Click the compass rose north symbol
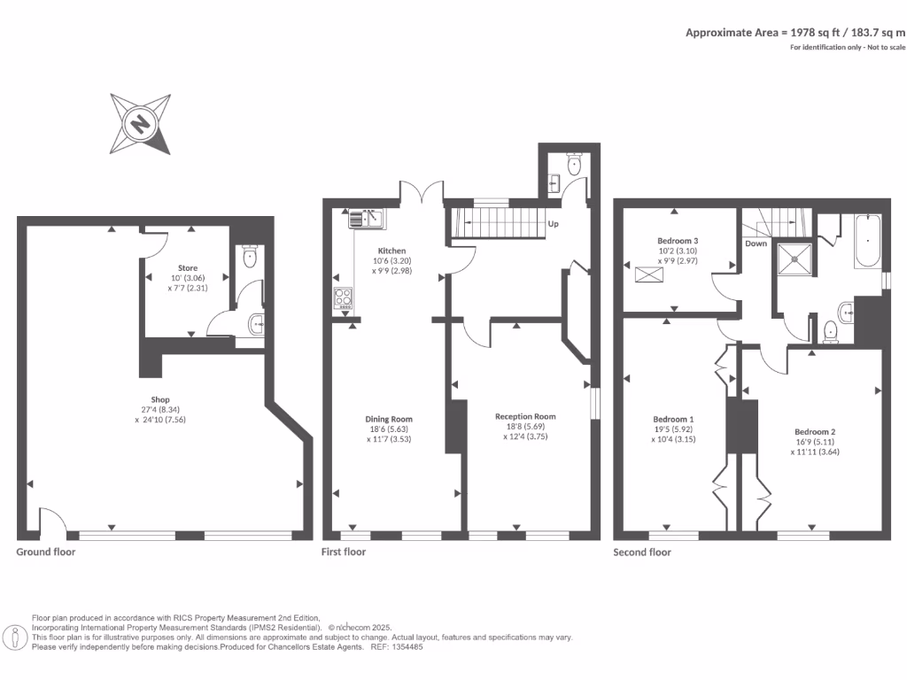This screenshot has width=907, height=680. [x=140, y=123]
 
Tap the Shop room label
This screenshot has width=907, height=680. [x=160, y=399]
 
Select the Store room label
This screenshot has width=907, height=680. [x=187, y=267]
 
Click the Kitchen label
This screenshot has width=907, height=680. [x=391, y=251]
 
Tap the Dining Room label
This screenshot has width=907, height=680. [x=389, y=419]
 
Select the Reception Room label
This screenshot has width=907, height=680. [x=525, y=416]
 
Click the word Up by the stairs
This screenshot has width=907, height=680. [x=553, y=224]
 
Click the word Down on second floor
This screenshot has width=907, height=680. [x=756, y=243]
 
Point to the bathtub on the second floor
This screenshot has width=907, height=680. [x=866, y=242]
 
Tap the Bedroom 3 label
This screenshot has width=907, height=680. [x=678, y=241]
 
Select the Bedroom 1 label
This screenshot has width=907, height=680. [x=673, y=419]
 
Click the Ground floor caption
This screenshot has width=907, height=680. [x=46, y=552]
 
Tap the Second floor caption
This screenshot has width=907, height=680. [x=642, y=552]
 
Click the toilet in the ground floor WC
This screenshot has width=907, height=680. [x=250, y=258]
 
